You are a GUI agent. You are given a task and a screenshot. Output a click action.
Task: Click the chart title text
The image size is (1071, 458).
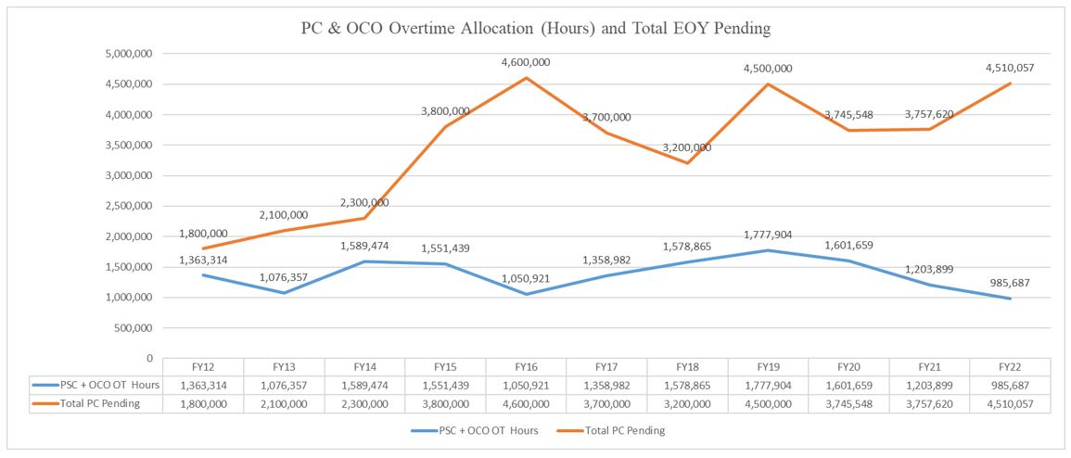[536, 29]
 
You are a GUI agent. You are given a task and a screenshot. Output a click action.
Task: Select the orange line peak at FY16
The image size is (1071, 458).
[526, 78]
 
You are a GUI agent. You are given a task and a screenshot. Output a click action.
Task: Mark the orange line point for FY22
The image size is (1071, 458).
[1010, 83]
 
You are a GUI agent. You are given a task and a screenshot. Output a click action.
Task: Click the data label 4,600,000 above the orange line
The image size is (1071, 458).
[526, 62]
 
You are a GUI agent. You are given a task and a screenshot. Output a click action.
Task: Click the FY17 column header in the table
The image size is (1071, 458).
[607, 366]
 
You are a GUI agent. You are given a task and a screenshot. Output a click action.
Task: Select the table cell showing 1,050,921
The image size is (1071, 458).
[527, 385]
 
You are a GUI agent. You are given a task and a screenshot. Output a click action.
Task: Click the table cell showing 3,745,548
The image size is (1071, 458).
[848, 403]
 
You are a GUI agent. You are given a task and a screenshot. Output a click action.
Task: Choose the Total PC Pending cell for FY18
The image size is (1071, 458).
[687, 403]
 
